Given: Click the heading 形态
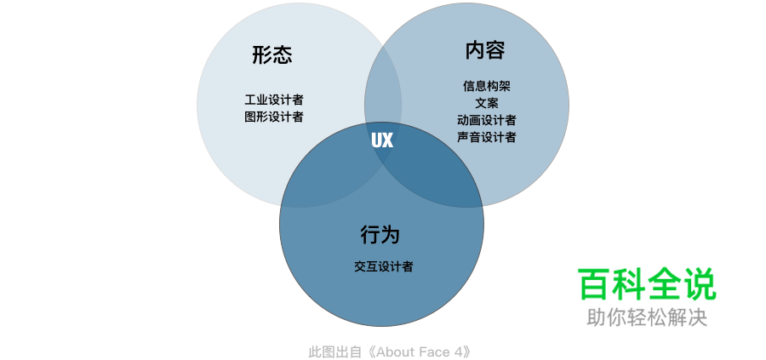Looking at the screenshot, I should [272, 55].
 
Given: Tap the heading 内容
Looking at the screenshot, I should [485, 50].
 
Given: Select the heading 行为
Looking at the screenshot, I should [380, 234].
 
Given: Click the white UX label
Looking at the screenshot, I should [382, 140].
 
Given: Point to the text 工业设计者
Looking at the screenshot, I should [274, 100].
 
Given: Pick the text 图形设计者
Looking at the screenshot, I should [274, 117].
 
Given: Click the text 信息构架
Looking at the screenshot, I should [487, 86].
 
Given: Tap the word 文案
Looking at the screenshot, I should [487, 103].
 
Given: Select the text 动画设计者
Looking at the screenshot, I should [487, 120].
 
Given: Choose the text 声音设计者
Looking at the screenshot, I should [487, 137].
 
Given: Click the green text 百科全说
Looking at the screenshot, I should [647, 284].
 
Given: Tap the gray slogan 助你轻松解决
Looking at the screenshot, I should [647, 317].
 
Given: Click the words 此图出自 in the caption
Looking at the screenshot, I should [334, 351].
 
